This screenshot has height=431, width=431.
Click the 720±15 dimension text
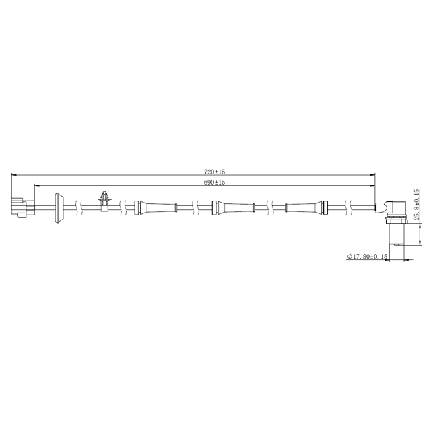pyautogui.click(x=214, y=173)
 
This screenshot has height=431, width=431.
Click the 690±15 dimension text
pyautogui.click(x=214, y=183)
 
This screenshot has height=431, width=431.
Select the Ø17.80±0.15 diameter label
pyautogui.click(x=368, y=257)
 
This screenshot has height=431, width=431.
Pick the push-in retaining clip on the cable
pyautogui.click(x=104, y=201)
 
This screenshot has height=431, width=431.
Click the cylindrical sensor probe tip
pyautogui.click(x=397, y=235)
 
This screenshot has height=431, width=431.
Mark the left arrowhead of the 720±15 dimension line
pyautogui.click(x=14, y=176)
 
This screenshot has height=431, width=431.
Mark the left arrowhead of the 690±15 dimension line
pyautogui.click(x=36, y=185)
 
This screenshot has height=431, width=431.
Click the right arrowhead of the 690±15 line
pyautogui.click(x=373, y=185)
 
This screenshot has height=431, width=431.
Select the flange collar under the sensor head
pyautogui.click(x=396, y=220)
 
